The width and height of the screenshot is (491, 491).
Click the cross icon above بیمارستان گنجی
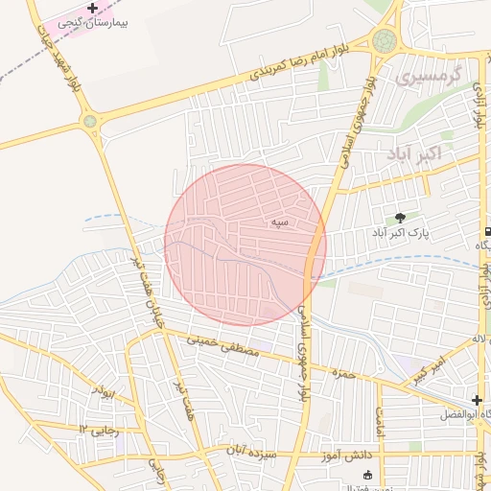pyautogui.click(x=92, y=9)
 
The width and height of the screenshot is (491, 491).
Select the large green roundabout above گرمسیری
pyautogui.click(x=386, y=40)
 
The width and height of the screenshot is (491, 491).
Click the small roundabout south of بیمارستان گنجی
pyautogui.click(x=90, y=122)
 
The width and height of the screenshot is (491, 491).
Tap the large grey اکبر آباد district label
pyautogui.click(x=413, y=153)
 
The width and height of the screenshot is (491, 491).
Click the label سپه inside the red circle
pyautogui.click(x=279, y=222)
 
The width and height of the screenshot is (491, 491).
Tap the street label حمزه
pyautogui.click(x=341, y=372)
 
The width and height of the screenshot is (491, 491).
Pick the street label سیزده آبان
pyautogui.click(x=251, y=449)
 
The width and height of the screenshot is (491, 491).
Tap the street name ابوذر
pyautogui.click(x=104, y=391)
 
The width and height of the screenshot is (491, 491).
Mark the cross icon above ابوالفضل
pyautogui.click(x=477, y=399)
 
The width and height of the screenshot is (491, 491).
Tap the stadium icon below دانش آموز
pyautogui.click(x=365, y=475)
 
